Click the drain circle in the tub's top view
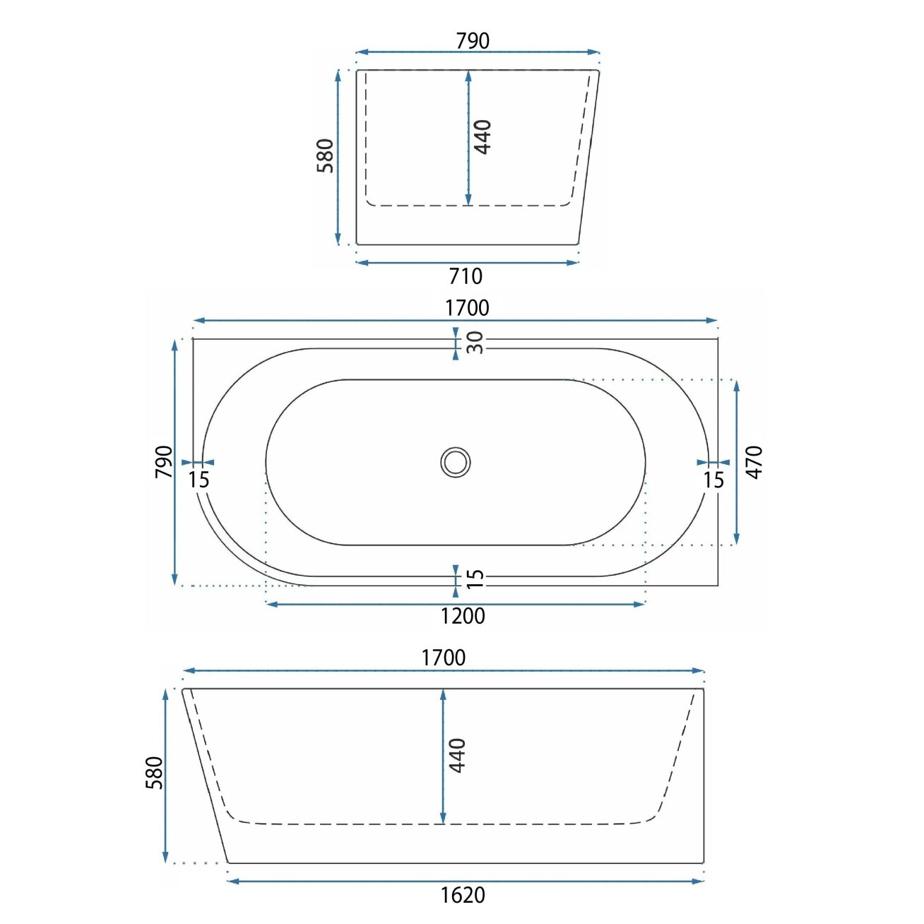(x=455, y=462)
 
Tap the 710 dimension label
(x=466, y=277)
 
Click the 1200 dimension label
(x=463, y=616)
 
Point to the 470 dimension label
(x=754, y=462)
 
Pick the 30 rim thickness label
(x=475, y=343)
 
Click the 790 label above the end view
(x=473, y=41)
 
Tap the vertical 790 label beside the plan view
(x=164, y=462)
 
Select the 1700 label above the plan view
(x=467, y=308)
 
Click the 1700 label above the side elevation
(x=444, y=658)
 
